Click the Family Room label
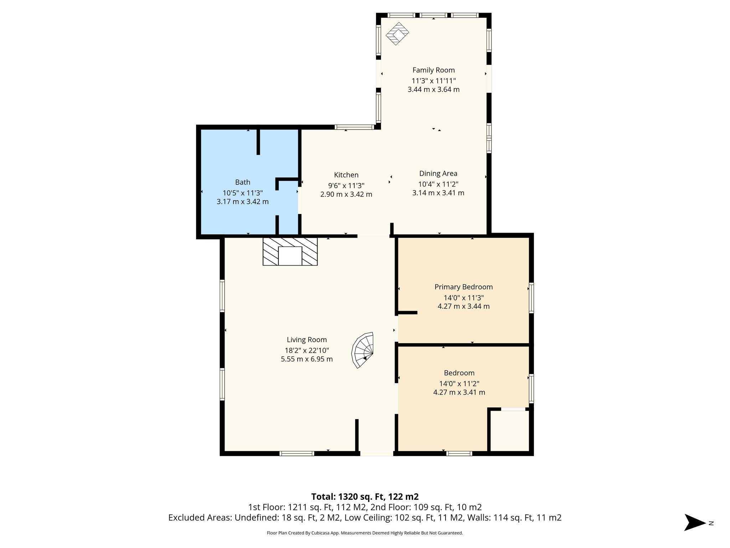pos(433,70)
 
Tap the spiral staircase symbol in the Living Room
pos(363,350)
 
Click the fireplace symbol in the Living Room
pos(290,252)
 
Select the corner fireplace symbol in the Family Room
pos(397,34)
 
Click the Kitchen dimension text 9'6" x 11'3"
pos(346,186)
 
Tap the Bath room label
pos(242,182)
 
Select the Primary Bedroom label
pos(463,287)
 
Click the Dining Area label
pos(438,174)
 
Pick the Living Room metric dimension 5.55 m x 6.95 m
pos(307,359)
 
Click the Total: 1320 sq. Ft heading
pos(365,497)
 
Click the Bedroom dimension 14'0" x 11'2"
pos(459,384)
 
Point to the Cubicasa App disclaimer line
pos(365,533)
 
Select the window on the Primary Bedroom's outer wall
pos(531,298)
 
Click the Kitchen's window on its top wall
pos(354,127)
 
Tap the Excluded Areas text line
pos(365,518)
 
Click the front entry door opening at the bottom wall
pos(376,453)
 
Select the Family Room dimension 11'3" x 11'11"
pos(433,81)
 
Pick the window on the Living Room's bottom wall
pos(297,453)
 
